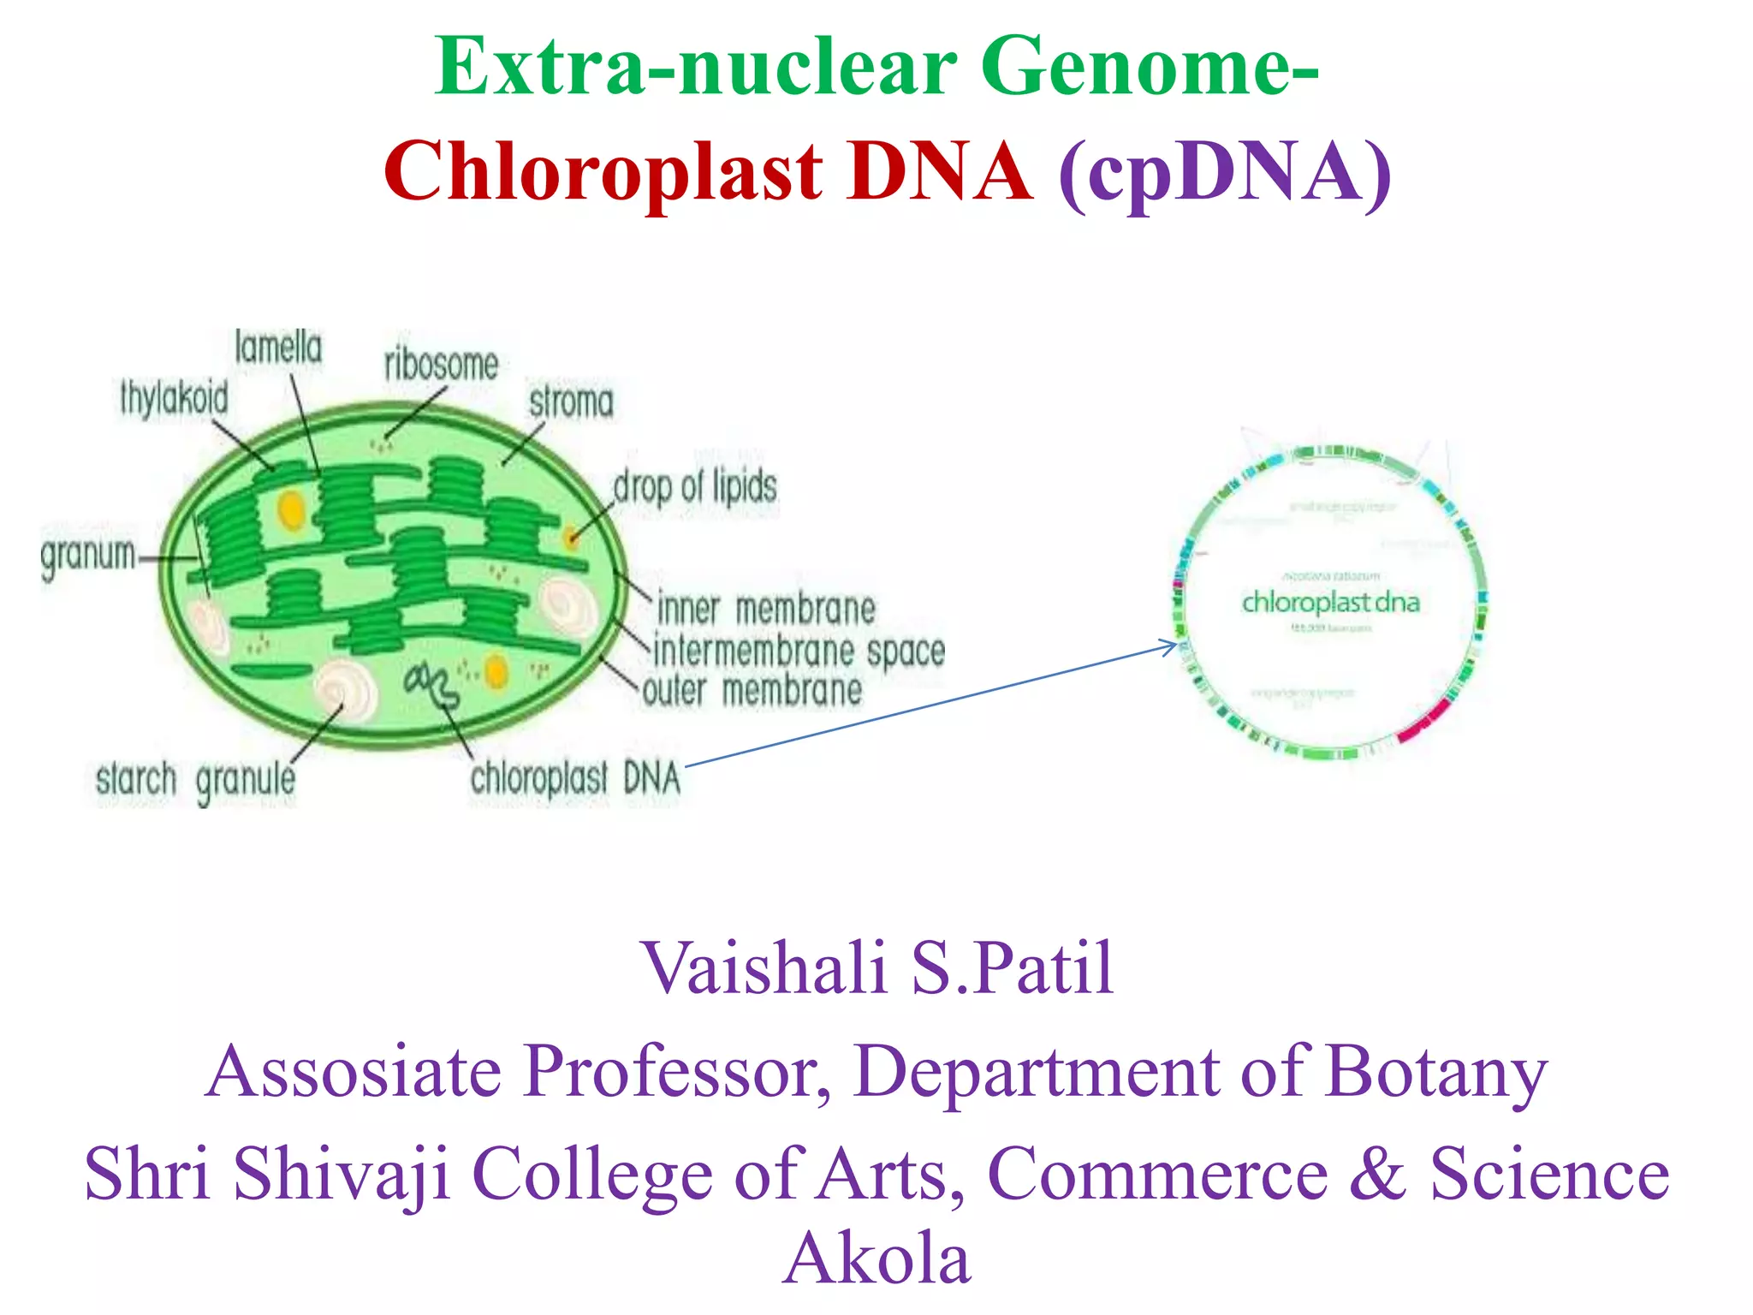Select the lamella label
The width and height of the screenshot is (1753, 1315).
coord(278,348)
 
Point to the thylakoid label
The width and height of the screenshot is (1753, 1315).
coord(174,399)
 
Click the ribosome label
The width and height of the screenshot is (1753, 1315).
coord(441,365)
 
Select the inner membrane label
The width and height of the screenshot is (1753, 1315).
coord(766,610)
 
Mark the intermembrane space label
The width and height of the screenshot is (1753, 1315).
coord(799,652)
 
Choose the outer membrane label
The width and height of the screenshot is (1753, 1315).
coord(752,691)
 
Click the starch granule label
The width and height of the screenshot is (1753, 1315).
coord(195,780)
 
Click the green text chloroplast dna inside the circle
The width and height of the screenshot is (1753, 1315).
coord(1330,603)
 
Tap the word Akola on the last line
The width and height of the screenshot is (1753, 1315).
coord(876,1258)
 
